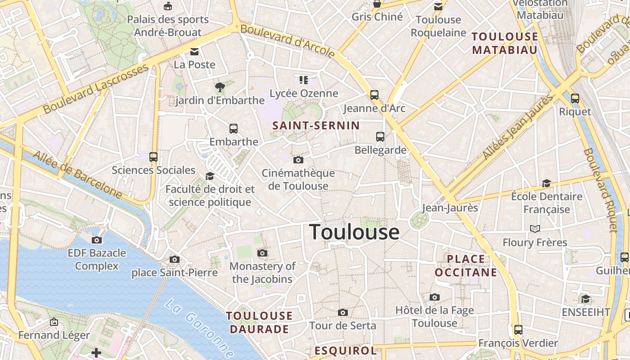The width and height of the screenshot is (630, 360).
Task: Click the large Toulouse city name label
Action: [355, 232]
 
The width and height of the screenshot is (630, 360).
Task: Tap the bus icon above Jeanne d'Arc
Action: [374, 95]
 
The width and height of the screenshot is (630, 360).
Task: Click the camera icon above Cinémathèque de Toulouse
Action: [298, 160]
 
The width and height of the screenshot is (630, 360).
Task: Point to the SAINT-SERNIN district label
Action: [316, 126]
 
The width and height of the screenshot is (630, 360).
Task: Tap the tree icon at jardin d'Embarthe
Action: [220, 87]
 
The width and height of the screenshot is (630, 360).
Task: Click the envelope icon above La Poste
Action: [194, 52]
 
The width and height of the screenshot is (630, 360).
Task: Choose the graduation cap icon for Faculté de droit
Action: [210, 176]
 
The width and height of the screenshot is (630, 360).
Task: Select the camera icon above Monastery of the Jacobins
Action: [262, 253]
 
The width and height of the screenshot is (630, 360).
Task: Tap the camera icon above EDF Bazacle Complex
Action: [97, 240]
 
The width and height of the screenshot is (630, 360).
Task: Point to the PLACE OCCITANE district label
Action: [466, 265]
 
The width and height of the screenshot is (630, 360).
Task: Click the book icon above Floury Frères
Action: [535, 229]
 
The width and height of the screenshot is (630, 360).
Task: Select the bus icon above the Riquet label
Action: [575, 99]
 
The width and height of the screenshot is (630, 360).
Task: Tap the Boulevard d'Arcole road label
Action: [288, 41]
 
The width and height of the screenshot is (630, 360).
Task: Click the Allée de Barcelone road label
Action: [77, 175]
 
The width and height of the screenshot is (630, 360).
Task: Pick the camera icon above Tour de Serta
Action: [343, 312]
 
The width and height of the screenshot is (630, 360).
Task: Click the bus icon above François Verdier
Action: [518, 330]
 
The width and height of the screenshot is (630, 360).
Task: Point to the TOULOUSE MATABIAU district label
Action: [504, 43]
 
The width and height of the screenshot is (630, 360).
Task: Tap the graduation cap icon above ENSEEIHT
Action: [585, 299]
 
